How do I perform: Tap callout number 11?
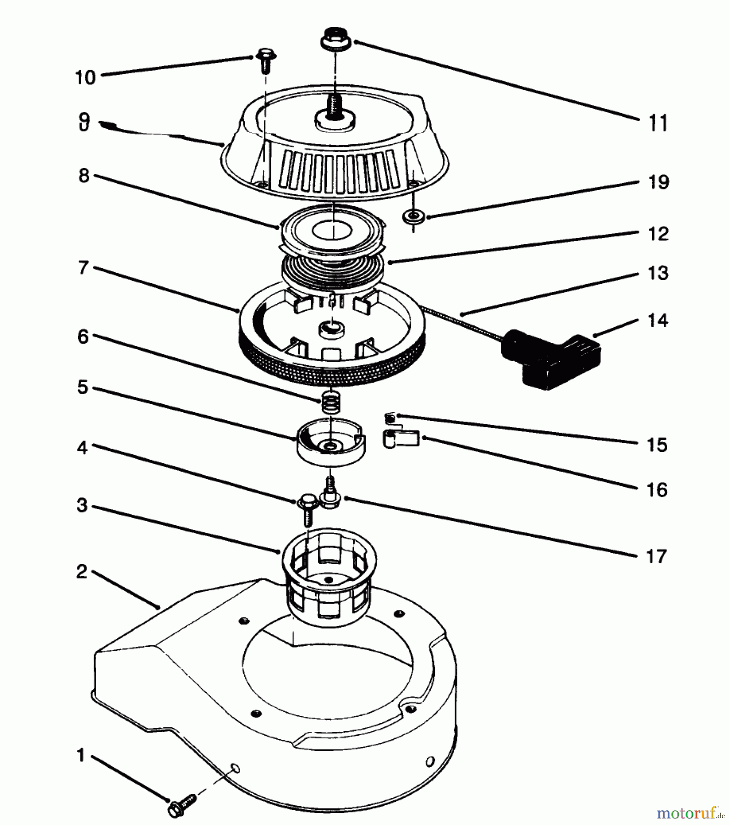pyautogui.click(x=658, y=123)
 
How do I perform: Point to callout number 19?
pyautogui.click(x=658, y=182)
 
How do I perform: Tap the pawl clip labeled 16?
pyautogui.click(x=400, y=438)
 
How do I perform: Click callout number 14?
pyautogui.click(x=657, y=320)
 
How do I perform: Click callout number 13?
pyautogui.click(x=658, y=273)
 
